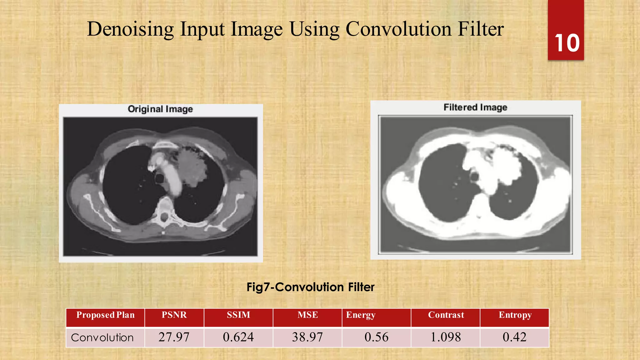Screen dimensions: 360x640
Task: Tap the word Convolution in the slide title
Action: click(398, 29)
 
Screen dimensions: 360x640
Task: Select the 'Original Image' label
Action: click(160, 109)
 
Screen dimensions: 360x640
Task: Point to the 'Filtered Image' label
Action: click(475, 107)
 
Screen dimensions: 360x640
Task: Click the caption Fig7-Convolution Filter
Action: click(310, 287)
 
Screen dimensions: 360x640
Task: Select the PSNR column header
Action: click(174, 315)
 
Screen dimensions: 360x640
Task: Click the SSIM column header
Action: click(238, 315)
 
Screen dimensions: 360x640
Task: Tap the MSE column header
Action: click(307, 315)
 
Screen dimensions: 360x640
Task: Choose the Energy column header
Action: click(361, 315)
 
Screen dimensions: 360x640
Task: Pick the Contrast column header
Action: click(446, 315)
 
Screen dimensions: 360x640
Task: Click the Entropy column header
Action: click(515, 315)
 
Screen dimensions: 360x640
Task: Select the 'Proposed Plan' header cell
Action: click(105, 315)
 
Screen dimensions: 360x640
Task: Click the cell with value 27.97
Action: click(174, 337)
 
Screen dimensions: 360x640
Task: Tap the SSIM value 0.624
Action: click(238, 337)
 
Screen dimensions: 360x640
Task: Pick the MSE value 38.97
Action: click(307, 337)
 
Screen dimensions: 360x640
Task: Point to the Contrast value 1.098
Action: click(446, 337)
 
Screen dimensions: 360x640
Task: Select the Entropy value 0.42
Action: click(515, 337)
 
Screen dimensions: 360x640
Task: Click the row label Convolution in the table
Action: click(102, 337)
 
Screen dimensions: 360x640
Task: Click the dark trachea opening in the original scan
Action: click(160, 179)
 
